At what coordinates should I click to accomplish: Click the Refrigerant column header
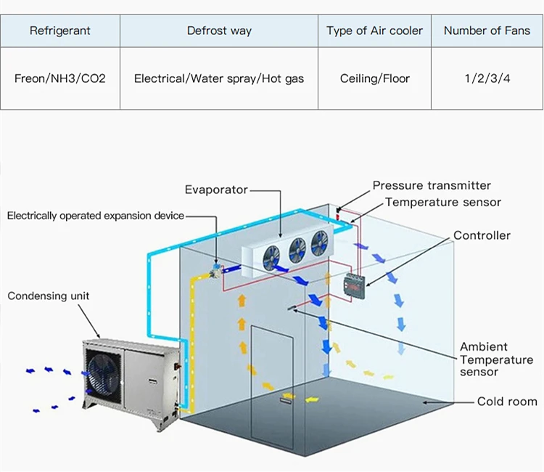coord(60,30)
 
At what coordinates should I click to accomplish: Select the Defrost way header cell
coord(219,30)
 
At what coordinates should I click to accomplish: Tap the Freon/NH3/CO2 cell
coord(60,78)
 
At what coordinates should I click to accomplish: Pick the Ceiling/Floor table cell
coord(375,78)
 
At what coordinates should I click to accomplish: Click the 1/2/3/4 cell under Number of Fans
coord(487,78)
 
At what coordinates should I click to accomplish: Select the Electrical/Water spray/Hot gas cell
coord(219,78)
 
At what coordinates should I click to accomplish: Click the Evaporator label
coord(216,190)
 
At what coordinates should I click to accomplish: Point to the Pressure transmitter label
coord(432,185)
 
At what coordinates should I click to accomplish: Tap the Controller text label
coord(482,235)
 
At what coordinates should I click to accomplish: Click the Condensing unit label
coord(48,296)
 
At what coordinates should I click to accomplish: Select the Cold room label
coord(507,402)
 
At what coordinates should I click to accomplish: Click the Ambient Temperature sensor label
coord(496,359)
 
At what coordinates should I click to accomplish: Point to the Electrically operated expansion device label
coord(96,216)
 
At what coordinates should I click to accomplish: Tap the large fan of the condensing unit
coord(103,373)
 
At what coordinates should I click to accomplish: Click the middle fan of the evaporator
coord(297,251)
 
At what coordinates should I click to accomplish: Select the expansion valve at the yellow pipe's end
coord(215,270)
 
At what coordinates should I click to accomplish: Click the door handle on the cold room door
coord(286,401)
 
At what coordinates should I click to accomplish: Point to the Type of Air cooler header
coord(374,30)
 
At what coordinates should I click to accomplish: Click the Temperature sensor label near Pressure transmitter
coord(443,202)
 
